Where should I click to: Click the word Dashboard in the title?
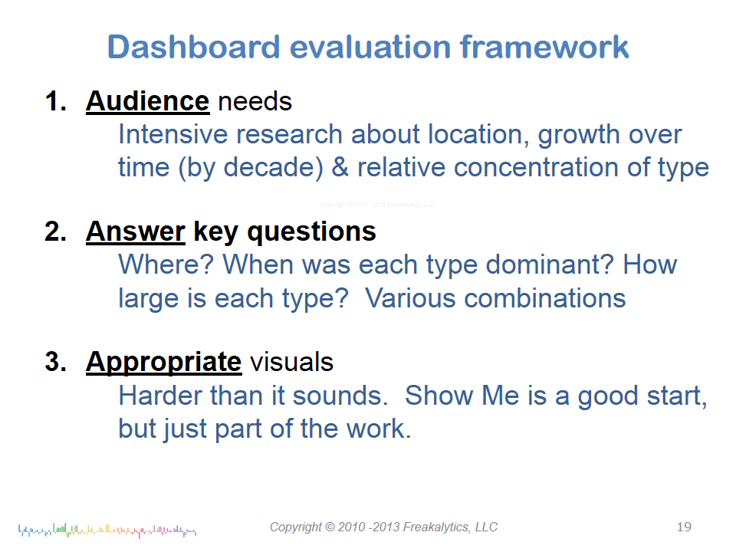pos(194,47)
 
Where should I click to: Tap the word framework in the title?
pos(544,47)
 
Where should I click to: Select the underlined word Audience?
pos(147,101)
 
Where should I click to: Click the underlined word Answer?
pos(136,232)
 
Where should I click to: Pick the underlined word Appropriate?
pos(164,363)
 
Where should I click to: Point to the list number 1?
pos(55,101)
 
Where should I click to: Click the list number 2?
pos(55,232)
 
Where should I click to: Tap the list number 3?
pos(55,362)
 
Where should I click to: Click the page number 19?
pos(684,527)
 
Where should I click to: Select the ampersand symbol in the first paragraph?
pos(340,168)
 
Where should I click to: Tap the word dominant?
pos(550,264)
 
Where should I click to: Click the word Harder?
pos(159,396)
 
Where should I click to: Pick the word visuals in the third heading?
pos(291,363)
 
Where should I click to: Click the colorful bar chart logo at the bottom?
pos(107,531)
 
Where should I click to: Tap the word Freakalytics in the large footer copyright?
pos(436,527)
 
